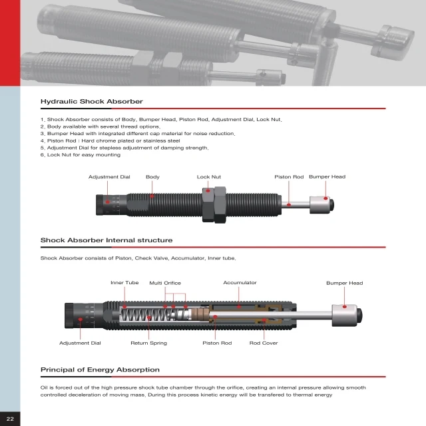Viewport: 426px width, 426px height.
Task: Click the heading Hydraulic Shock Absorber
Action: [x=92, y=102]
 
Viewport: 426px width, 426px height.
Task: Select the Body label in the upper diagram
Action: [x=152, y=177]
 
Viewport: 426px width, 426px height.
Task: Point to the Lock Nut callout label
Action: [x=208, y=177]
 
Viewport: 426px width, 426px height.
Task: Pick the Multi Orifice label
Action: [x=164, y=283]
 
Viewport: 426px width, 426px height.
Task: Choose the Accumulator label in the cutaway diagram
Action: [x=240, y=283]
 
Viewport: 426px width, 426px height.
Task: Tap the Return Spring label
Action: [x=148, y=343]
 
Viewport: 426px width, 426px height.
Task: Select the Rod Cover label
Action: [x=264, y=343]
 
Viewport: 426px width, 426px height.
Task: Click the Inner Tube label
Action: [x=124, y=283]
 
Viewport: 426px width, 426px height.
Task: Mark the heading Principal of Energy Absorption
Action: [x=100, y=369]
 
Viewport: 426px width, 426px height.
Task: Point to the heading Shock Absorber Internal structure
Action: [x=106, y=240]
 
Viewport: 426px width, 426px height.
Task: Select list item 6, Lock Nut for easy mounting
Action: [x=81, y=155]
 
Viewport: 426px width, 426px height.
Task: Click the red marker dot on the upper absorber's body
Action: [x=152, y=196]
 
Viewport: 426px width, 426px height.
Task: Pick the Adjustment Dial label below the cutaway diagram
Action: [x=80, y=343]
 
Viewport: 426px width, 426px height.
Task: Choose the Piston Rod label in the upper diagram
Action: [x=289, y=177]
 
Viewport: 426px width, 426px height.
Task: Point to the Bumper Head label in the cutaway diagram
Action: [x=344, y=283]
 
